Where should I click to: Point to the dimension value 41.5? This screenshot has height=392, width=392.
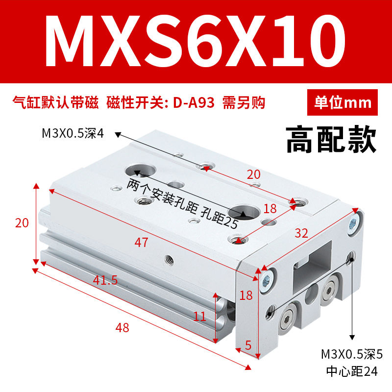pyautogui.click(x=105, y=280)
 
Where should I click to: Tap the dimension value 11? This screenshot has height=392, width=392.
pyautogui.click(x=199, y=316)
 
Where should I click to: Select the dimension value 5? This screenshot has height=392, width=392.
pyautogui.click(x=248, y=344)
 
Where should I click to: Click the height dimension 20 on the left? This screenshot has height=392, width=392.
pyautogui.click(x=22, y=223)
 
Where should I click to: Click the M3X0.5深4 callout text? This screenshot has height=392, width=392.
pyautogui.click(x=73, y=133)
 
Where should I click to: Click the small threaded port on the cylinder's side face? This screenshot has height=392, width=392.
pyautogui.click(x=169, y=257)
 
